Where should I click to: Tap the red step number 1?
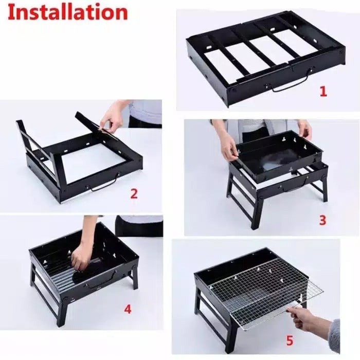(x=323, y=91)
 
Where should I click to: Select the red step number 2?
(x=134, y=193)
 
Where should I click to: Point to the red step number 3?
(x=322, y=220)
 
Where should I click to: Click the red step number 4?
(x=128, y=309)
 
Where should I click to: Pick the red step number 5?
(x=290, y=340)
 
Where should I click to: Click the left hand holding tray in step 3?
(x=228, y=147)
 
